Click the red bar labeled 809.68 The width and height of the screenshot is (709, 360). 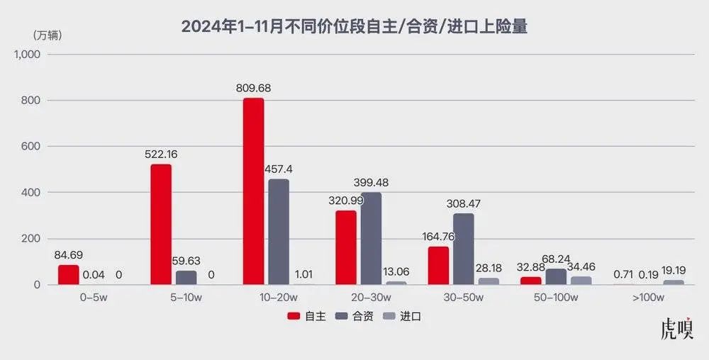[x=253, y=191]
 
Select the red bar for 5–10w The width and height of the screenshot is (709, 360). [x=161, y=225]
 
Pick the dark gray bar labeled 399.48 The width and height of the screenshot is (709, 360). [x=371, y=239]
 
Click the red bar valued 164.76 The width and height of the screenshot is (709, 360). [x=438, y=266]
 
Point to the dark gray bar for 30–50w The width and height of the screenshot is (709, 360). [x=463, y=249]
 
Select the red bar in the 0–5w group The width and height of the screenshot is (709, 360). [x=69, y=275]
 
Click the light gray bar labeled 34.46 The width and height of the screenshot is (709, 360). [x=581, y=281]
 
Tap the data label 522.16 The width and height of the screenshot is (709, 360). [x=161, y=154]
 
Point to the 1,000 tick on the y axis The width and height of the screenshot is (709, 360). [x=27, y=55]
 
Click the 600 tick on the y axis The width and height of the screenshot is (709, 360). [x=32, y=147]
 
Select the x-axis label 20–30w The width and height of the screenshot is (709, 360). [x=371, y=298]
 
